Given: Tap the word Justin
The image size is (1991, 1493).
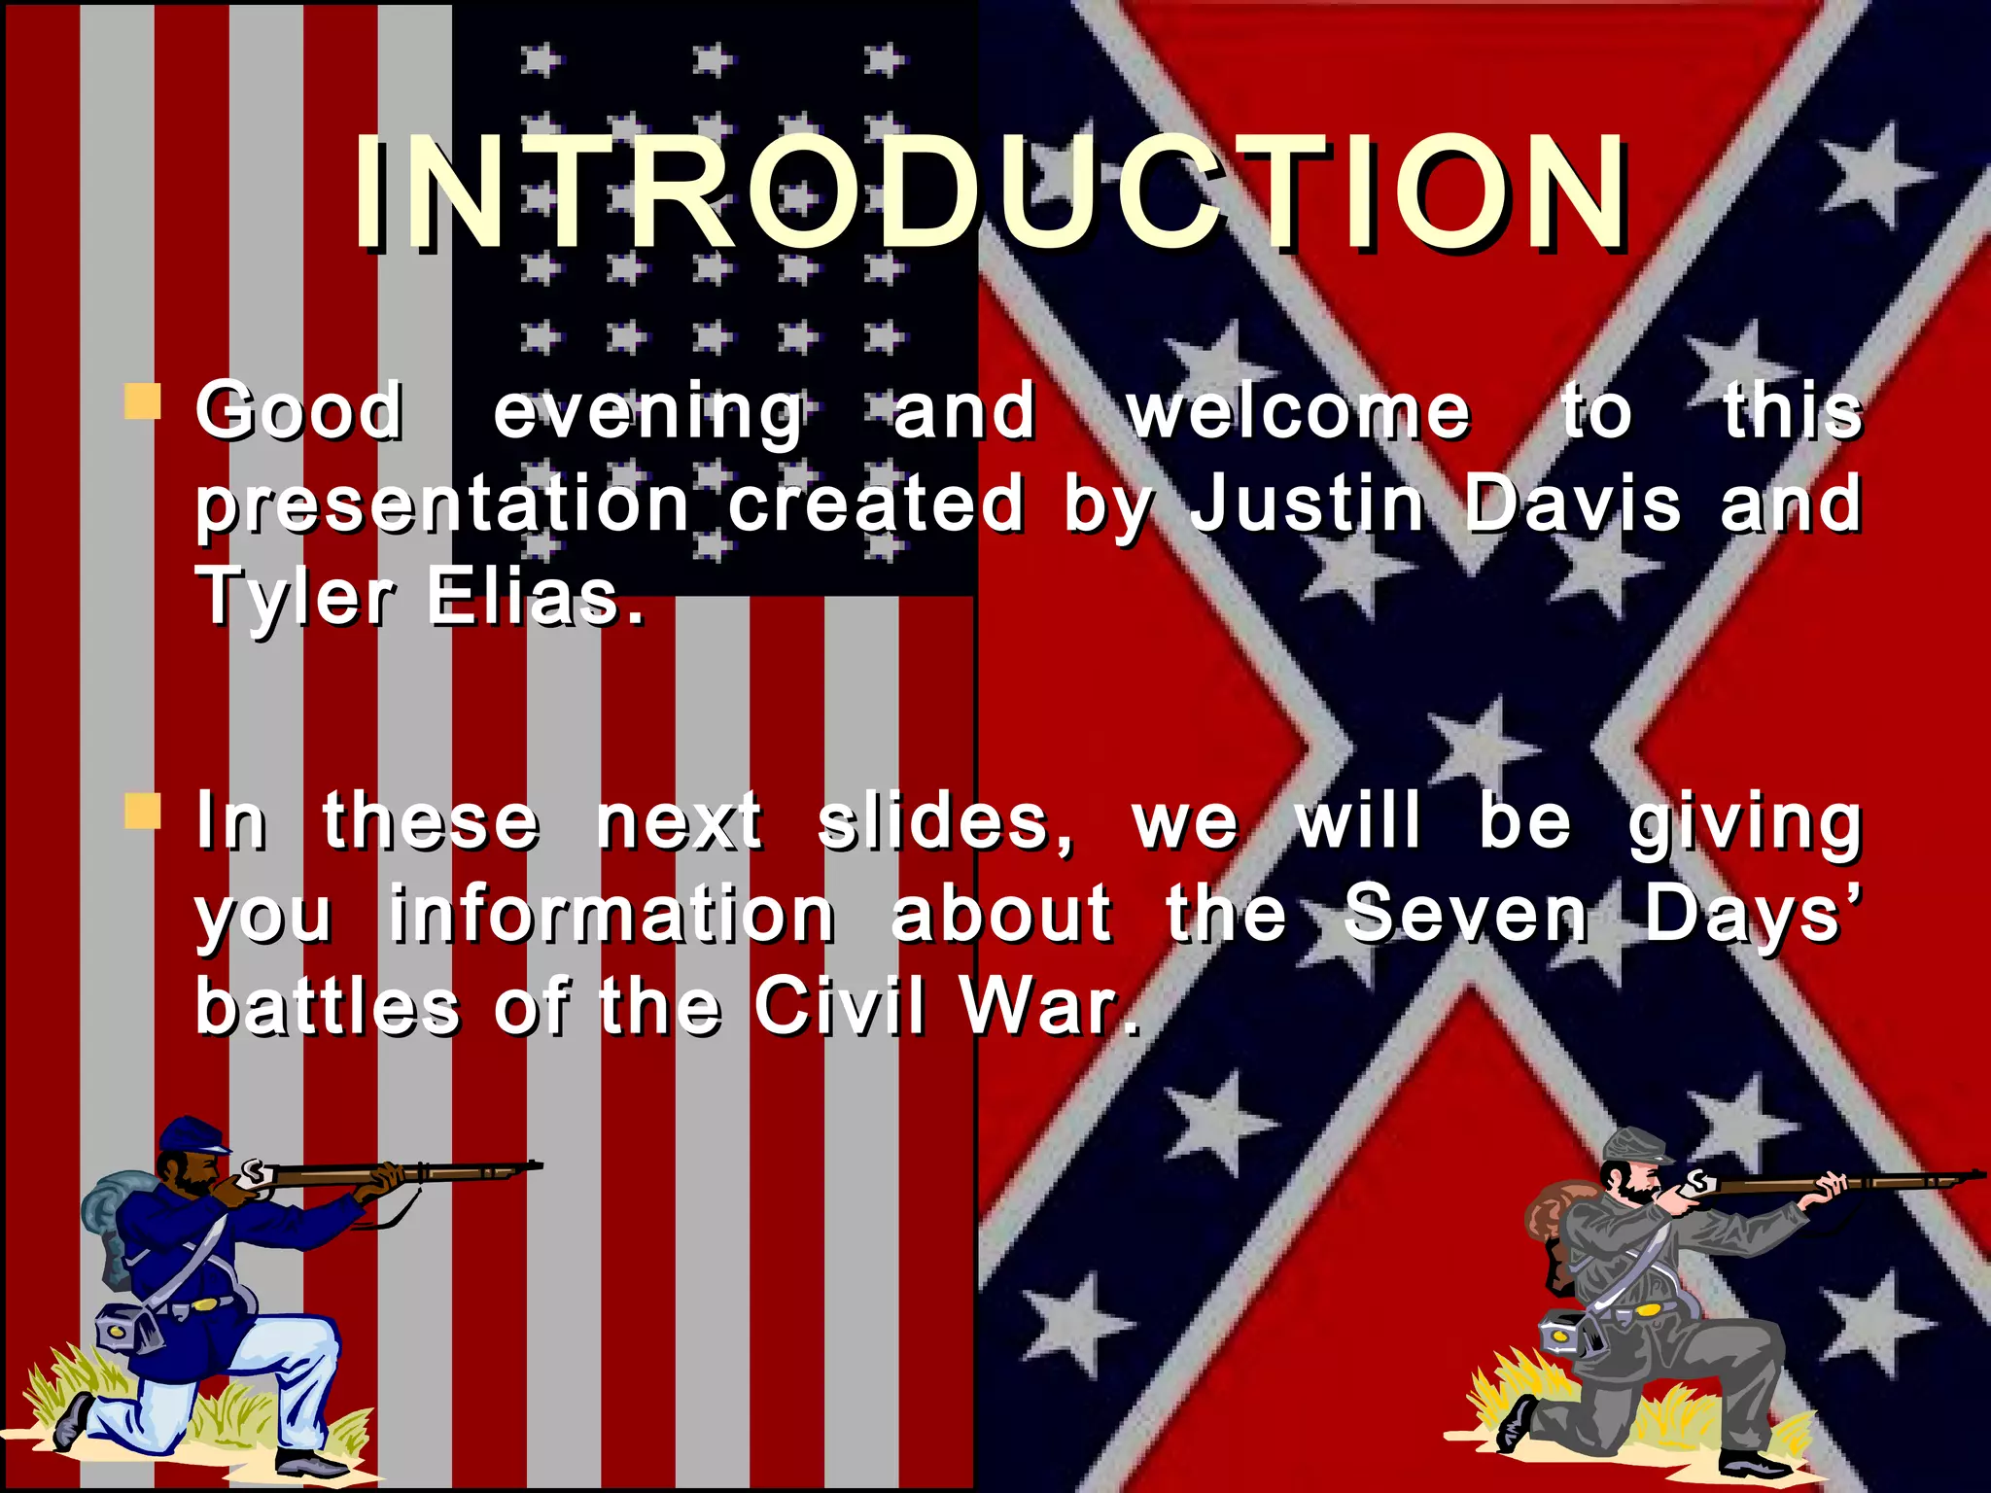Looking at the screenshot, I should [1308, 504].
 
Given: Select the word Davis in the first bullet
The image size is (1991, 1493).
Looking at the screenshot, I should [1572, 504].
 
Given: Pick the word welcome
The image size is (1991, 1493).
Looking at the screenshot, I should [1299, 412].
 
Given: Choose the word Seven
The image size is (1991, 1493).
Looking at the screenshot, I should [1466, 915].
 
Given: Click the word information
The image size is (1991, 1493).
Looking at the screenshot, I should [611, 915].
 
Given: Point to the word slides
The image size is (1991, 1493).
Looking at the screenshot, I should [945, 822].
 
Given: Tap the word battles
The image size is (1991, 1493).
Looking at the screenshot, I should [328, 1006].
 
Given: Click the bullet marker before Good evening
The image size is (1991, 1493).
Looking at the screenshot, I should [143, 400].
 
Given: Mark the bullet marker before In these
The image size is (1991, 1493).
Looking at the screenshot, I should [143, 811].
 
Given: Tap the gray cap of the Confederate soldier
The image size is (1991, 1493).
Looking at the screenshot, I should [1635, 1145].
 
